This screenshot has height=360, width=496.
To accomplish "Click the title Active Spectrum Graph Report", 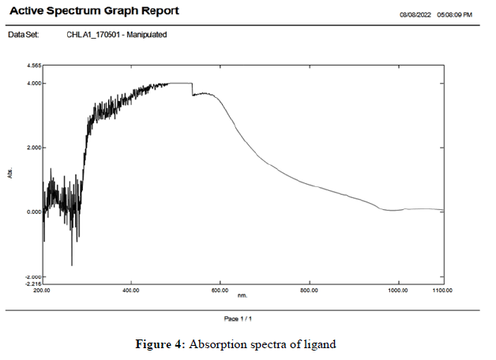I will (x=93, y=11).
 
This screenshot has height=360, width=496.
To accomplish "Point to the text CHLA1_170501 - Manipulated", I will (x=118, y=35).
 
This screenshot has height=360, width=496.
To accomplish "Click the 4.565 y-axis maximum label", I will (x=34, y=66).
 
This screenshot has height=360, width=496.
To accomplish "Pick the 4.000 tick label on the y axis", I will (x=34, y=83).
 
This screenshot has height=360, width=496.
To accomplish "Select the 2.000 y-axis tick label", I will (x=34, y=148).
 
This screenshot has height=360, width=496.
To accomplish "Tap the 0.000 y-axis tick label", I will (x=34, y=212).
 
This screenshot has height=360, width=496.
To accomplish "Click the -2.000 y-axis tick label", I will (x=33, y=276).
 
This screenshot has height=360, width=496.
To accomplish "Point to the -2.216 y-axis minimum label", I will (x=33, y=283).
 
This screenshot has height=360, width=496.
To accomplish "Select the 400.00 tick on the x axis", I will (x=131, y=291).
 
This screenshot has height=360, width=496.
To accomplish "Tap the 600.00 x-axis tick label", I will (x=220, y=291).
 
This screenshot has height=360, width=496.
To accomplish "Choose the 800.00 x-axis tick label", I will (x=310, y=291).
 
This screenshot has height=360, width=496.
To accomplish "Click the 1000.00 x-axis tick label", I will (x=398, y=291).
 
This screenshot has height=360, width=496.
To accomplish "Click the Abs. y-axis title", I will (x=11, y=172).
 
